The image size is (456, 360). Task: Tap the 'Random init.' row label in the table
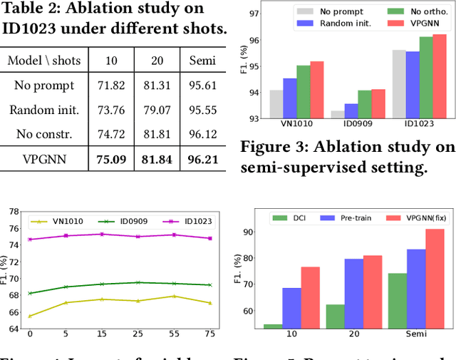pyautogui.click(x=44, y=110)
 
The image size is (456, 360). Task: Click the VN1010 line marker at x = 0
pyautogui.click(x=29, y=316)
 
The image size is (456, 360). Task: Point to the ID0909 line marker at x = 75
pyautogui.click(x=209, y=285)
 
